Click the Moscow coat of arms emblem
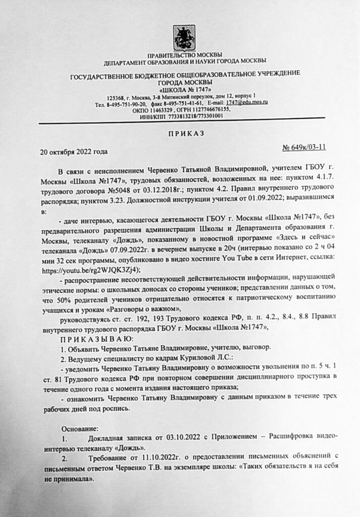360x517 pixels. coord(184,37)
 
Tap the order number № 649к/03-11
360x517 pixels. coord(304,147)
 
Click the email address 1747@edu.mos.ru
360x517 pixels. coord(247,102)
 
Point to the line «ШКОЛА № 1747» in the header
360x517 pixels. coord(184,89)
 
